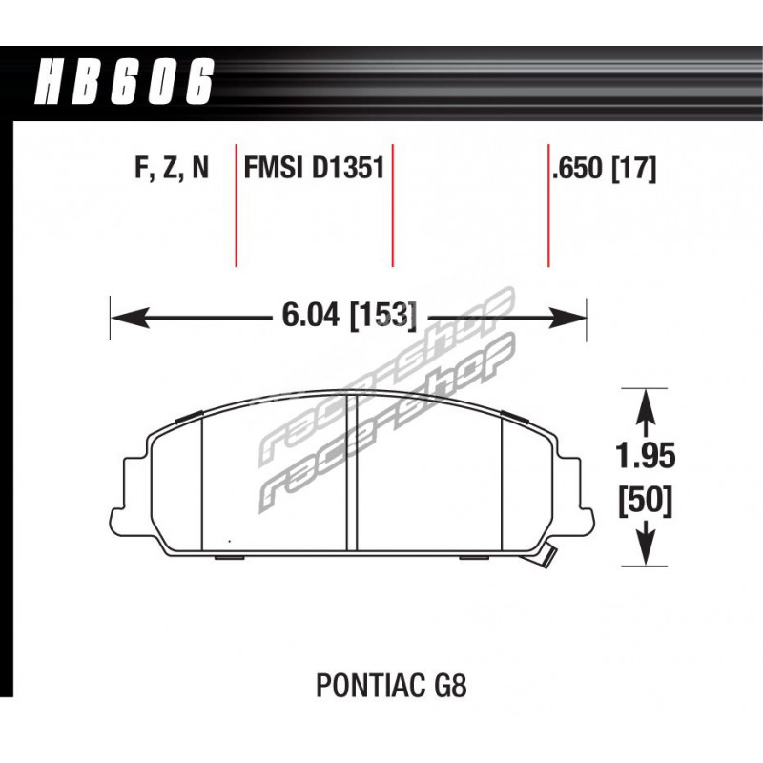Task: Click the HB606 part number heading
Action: pyautogui.click(x=124, y=81)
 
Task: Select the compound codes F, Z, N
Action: pyautogui.click(x=172, y=169)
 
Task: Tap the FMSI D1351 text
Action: pyautogui.click(x=314, y=169)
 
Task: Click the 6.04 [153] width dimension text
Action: pyautogui.click(x=349, y=317)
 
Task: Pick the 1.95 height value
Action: pyautogui.click(x=646, y=457)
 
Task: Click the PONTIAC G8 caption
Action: pyautogui.click(x=391, y=685)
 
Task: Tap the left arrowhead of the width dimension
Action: pyautogui.click(x=130, y=318)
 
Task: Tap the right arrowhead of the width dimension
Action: pyautogui.click(x=567, y=318)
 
